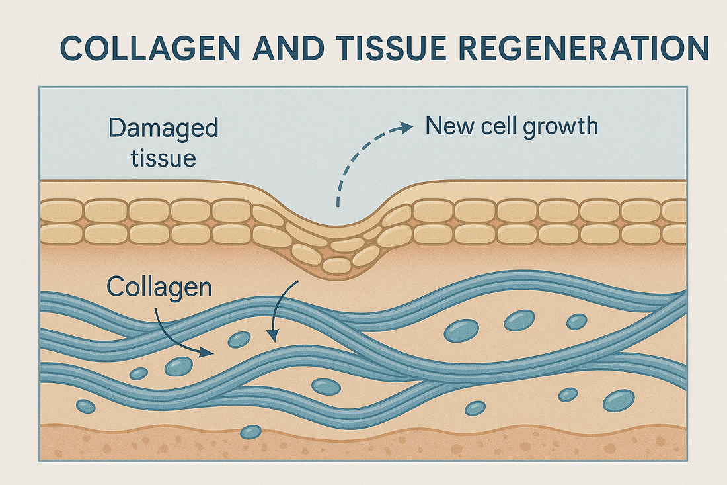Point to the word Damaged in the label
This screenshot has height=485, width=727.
[x=163, y=128]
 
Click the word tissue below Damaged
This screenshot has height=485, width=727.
[x=153, y=157]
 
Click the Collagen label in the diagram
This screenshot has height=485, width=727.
[x=159, y=287]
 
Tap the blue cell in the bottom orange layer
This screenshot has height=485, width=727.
[x=250, y=432]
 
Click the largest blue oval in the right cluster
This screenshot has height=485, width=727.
[x=461, y=330]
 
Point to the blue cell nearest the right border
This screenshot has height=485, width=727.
[x=619, y=400]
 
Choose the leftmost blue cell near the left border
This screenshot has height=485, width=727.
[x=85, y=406]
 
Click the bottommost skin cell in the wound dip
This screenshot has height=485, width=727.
[x=336, y=265]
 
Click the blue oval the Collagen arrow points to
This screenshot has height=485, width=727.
[x=239, y=340]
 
